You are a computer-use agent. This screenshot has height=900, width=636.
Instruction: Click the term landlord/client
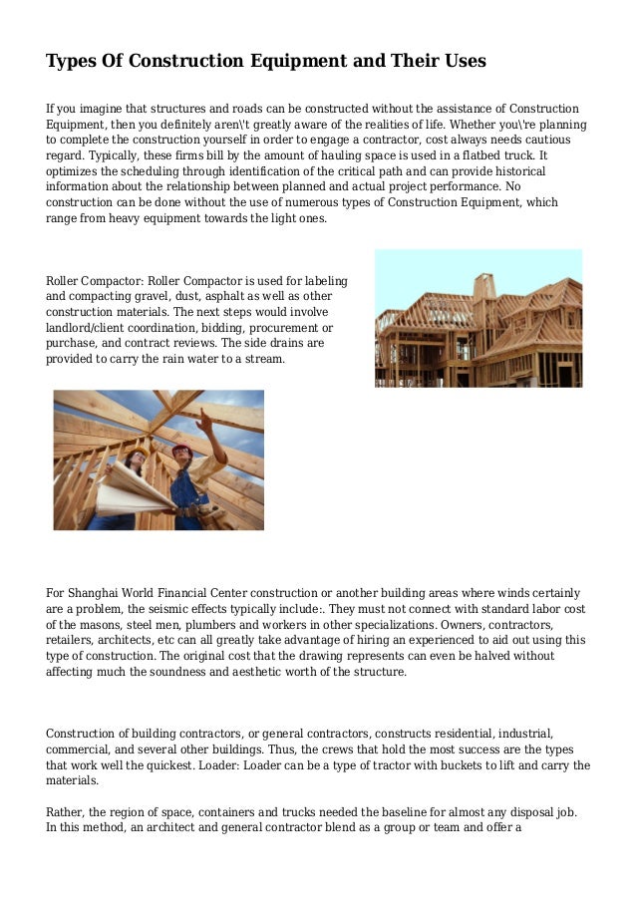(x=92, y=326)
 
